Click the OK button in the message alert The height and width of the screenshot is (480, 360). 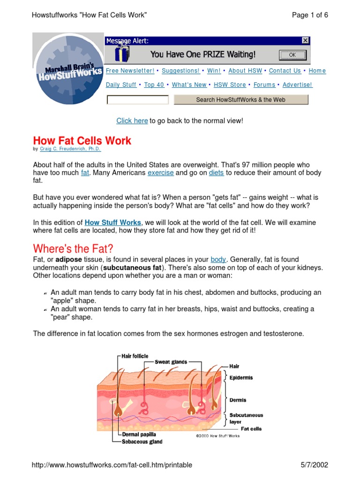(292, 55)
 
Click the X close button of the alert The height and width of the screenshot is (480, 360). (305, 41)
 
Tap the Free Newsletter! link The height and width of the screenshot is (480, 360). (130, 71)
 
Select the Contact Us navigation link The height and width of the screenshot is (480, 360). (285, 71)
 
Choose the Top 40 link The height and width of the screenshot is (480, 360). (154, 85)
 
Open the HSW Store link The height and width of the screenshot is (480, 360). (230, 85)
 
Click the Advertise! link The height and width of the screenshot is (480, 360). (297, 85)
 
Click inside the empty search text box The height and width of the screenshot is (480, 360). (137, 100)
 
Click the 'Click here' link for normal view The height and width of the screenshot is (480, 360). (132, 121)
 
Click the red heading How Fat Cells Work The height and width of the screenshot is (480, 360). (82, 141)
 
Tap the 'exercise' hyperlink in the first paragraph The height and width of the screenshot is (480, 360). (161, 172)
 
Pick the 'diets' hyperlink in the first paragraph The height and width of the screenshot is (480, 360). (216, 172)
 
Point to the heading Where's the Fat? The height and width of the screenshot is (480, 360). (73, 248)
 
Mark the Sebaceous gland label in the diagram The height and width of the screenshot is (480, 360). (142, 442)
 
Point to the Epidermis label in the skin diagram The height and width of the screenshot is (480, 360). (241, 377)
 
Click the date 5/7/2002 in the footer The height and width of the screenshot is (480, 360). (314, 465)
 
